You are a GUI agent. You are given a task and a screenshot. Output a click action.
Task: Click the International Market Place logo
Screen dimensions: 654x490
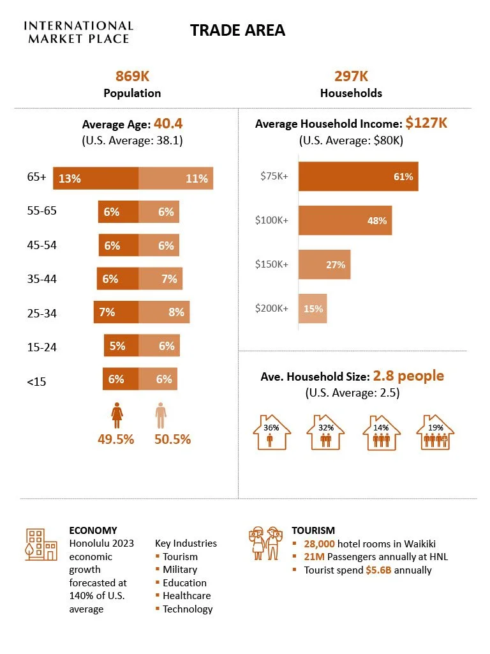(78, 32)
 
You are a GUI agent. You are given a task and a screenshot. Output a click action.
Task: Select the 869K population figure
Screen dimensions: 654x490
(132, 77)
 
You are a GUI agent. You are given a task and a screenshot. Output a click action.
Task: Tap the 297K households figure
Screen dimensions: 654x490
(351, 77)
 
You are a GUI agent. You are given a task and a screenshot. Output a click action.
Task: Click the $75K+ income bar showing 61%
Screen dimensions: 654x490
(358, 176)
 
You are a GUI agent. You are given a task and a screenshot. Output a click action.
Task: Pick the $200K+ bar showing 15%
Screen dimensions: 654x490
(313, 308)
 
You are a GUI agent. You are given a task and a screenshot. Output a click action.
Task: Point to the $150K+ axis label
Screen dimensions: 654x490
(272, 264)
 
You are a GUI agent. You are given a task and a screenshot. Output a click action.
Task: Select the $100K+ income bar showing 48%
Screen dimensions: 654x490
(345, 220)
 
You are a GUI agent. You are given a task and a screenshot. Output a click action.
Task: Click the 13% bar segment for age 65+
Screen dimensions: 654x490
(96, 178)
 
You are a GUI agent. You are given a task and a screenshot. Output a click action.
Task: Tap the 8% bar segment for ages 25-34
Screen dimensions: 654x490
(164, 312)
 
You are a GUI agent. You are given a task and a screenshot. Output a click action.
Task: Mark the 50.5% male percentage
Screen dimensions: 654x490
(172, 439)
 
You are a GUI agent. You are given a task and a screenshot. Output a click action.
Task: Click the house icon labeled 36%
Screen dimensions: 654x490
(272, 432)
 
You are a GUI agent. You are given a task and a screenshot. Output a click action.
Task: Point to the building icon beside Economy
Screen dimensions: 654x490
(40, 544)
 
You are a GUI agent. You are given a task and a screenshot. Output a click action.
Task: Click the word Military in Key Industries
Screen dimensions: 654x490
(180, 569)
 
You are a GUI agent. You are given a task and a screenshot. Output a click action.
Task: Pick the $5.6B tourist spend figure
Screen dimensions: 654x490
(378, 570)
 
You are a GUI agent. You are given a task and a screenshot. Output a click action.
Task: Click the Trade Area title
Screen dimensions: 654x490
(237, 31)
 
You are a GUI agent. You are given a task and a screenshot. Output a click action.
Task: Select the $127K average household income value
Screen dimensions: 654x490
(426, 123)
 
